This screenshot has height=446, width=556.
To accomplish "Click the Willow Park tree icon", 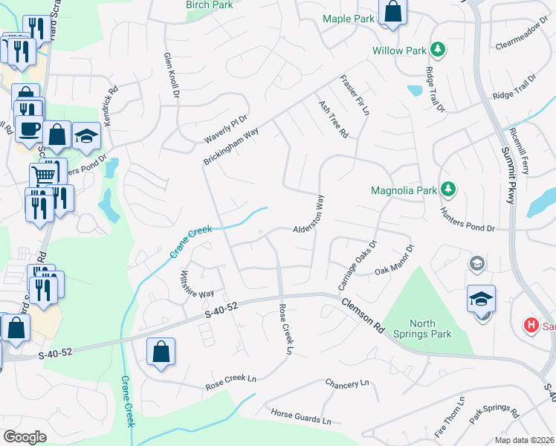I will pos(439,50).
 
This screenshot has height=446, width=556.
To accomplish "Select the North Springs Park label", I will pos(432,329).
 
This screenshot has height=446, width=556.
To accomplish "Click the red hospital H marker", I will pos(531,325).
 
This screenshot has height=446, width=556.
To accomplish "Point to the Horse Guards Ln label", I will pos(300,416).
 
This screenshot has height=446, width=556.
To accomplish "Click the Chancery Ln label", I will pos(346,384).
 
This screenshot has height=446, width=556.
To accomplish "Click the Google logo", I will pos(25,437).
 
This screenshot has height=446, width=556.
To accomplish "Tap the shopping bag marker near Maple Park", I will pos(392,13).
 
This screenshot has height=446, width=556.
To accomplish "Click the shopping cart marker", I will pos(44,175).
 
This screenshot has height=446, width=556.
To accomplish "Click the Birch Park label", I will pos(209,5).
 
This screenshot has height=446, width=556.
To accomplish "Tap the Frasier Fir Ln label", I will pos(355,95).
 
